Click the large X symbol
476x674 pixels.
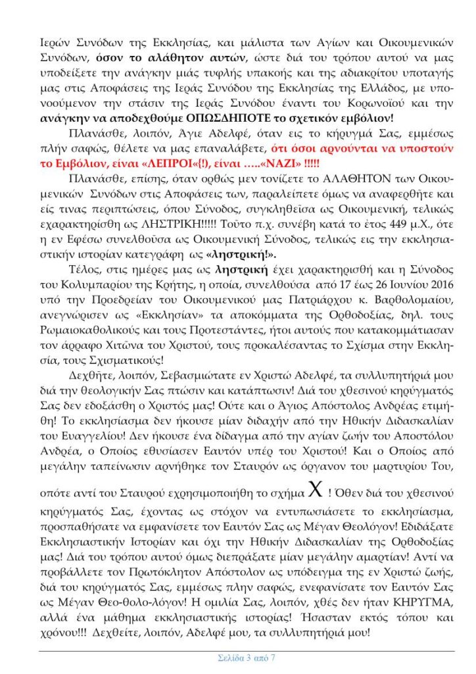[x=298, y=494]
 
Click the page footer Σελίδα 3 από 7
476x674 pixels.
[x=246, y=658]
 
